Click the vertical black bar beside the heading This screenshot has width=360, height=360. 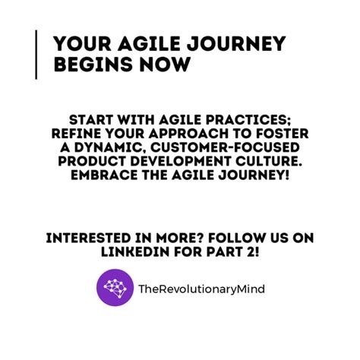coord(36,54)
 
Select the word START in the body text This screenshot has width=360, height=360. coord(91,121)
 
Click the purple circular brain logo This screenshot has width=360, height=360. coord(115,288)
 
